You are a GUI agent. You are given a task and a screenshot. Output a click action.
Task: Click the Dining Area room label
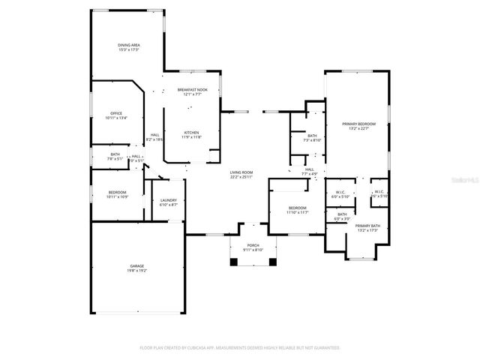coord(129,46)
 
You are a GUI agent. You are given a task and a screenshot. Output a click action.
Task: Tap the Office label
coord(116,113)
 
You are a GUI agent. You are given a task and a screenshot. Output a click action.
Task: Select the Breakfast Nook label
coord(193,90)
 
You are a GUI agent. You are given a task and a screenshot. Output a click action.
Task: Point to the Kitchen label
coord(192,133)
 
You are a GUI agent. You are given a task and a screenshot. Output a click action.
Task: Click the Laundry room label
coord(169,199)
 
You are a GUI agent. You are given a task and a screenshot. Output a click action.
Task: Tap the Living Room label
coord(241,172)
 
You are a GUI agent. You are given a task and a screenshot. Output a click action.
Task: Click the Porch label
coord(253,245)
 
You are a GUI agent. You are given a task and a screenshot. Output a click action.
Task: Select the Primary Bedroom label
coord(358,123)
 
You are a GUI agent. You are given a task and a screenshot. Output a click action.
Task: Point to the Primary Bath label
coord(367,225)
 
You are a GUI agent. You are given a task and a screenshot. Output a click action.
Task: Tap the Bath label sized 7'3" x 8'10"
coord(312,136)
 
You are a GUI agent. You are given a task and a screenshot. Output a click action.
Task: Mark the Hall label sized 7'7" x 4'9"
coord(310,169)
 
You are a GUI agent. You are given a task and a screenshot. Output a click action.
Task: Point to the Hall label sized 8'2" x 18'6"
coord(154,135)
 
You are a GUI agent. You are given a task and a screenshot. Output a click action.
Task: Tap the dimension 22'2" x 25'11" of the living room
coord(241,177)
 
